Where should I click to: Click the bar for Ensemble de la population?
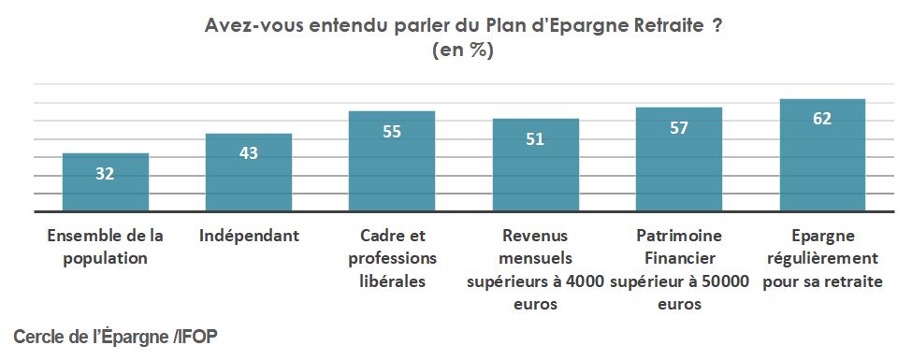click(105, 183)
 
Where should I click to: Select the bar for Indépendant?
click(249, 174)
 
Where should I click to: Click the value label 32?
click(105, 174)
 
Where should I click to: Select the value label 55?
click(392, 132)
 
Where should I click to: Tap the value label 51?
click(535, 139)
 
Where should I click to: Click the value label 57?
click(679, 128)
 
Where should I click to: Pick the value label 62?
click(822, 119)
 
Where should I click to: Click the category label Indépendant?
click(249, 236)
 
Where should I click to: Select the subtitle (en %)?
click(462, 51)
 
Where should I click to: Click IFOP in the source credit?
click(199, 335)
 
